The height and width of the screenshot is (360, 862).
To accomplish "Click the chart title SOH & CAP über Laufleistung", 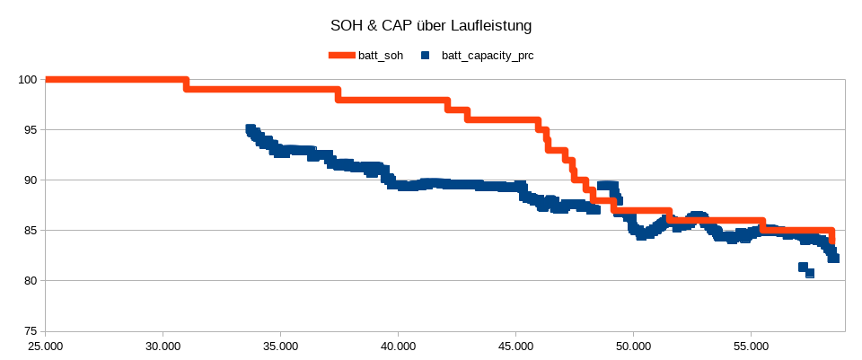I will pyautogui.click(x=430, y=25).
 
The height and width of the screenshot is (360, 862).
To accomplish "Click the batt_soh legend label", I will pyautogui.click(x=380, y=56).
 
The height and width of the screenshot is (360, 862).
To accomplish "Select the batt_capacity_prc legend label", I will pyautogui.click(x=488, y=56).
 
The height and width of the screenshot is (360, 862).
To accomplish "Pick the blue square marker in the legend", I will pyautogui.click(x=425, y=56).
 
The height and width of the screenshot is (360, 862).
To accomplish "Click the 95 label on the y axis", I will pyautogui.click(x=29, y=130).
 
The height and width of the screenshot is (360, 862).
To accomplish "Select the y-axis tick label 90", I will pyautogui.click(x=29, y=180).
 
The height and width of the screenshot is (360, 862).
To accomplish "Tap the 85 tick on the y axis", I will pyautogui.click(x=29, y=231).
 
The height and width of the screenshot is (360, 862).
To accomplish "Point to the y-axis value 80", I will pyautogui.click(x=29, y=281).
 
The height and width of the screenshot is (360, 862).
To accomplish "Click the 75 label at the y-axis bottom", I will pyautogui.click(x=29, y=331).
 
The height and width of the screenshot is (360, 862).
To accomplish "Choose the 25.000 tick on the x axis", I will pyautogui.click(x=45, y=346).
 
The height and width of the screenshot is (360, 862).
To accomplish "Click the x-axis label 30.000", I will pyautogui.click(x=163, y=346).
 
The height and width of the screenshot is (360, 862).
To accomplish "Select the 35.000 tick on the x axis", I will pyautogui.click(x=280, y=346).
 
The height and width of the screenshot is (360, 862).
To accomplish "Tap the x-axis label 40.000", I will pyautogui.click(x=398, y=346).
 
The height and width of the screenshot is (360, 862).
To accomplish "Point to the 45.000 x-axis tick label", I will pyautogui.click(x=515, y=346).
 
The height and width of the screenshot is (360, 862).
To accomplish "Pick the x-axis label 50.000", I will pyautogui.click(x=633, y=346).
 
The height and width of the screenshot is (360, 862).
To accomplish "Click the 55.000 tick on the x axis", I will pyautogui.click(x=751, y=346).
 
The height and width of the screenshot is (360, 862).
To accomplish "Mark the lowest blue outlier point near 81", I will pyautogui.click(x=810, y=273).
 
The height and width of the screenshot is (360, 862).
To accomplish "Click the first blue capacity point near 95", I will pyautogui.click(x=251, y=129).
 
